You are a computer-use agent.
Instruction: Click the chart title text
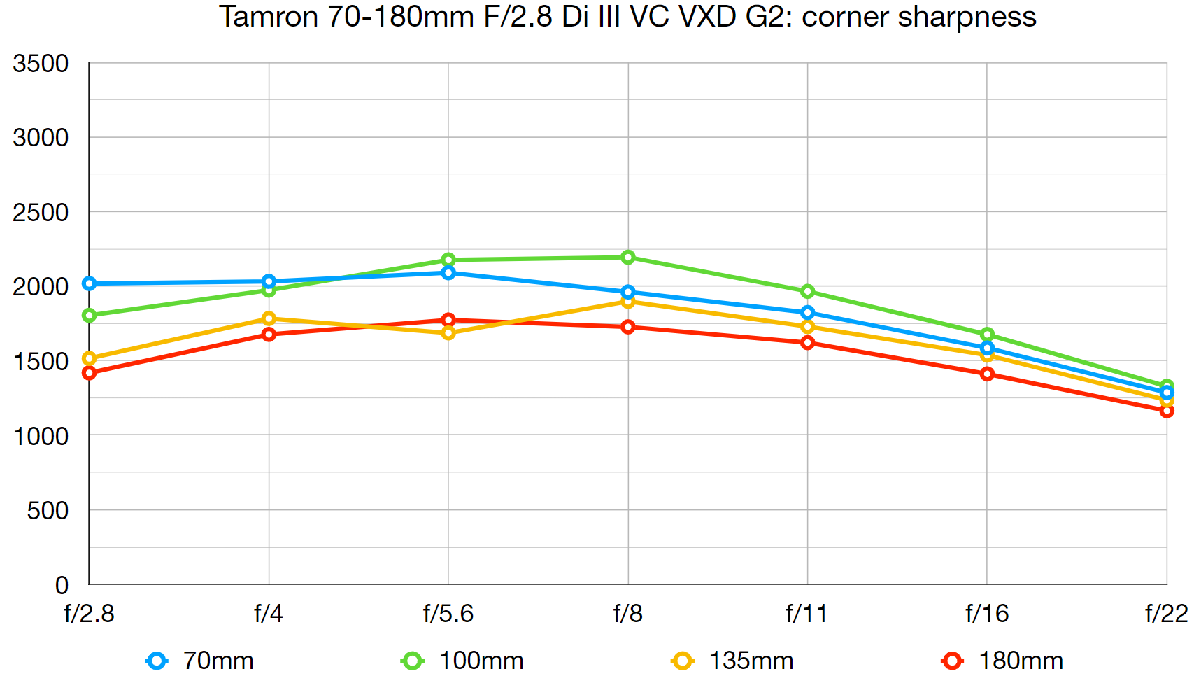[x=627, y=17]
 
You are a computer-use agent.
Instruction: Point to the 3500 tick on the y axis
[x=41, y=64]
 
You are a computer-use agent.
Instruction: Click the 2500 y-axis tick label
[x=41, y=212]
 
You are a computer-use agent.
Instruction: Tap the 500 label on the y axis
[x=48, y=511]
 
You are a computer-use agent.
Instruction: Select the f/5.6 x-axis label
[x=448, y=614]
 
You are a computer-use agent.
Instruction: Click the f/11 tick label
[x=806, y=614]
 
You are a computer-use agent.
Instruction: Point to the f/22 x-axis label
[x=1166, y=614]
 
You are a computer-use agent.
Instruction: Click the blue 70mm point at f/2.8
[x=90, y=283]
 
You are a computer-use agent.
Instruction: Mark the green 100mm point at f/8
[x=628, y=258]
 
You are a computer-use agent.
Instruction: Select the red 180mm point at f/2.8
[x=90, y=373]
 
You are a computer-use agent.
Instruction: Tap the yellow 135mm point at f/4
[x=269, y=318]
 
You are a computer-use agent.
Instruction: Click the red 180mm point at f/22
[x=1166, y=411]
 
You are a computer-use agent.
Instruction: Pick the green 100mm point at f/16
[x=987, y=335]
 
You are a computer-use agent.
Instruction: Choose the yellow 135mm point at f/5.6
[x=448, y=333]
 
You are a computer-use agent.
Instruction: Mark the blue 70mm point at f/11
[x=807, y=312]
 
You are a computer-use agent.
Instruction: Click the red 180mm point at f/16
[x=987, y=374]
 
